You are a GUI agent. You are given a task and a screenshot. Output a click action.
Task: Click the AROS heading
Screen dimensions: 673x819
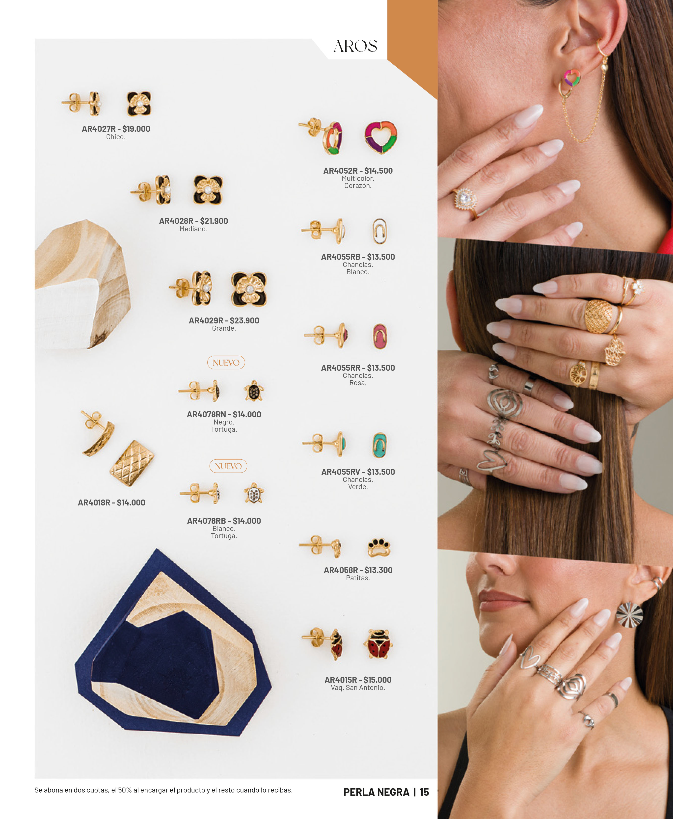355,46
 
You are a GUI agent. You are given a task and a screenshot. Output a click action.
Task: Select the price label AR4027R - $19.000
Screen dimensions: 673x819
116,129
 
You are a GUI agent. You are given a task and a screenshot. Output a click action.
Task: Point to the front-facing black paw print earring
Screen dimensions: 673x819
378,547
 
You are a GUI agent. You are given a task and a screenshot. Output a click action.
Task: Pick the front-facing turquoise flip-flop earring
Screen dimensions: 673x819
379,445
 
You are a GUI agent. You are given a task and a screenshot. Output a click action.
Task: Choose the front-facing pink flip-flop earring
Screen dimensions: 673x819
380,336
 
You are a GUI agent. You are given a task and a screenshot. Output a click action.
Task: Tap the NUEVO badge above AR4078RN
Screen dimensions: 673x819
226,362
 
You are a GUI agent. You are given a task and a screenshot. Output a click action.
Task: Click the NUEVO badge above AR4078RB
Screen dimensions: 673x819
228,466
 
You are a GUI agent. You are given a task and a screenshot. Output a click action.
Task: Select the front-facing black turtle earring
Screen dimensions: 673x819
254,391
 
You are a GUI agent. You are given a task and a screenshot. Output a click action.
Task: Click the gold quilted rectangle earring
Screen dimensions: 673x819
132,463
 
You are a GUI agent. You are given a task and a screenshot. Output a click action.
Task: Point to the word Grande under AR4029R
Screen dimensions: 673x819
224,328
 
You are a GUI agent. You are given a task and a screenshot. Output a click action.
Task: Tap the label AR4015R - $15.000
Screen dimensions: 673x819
358,680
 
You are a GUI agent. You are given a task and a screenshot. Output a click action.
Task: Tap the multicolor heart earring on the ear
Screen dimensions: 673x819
571,78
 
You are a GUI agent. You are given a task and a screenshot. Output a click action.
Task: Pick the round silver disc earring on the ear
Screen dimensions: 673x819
630,615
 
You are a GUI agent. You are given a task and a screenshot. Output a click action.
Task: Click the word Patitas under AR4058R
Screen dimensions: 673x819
358,578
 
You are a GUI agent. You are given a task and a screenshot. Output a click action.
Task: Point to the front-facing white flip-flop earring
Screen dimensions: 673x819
379,231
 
